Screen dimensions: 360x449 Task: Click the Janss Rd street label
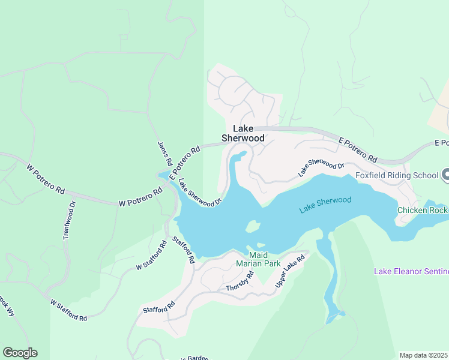[164, 154]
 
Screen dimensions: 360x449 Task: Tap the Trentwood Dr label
[68, 220]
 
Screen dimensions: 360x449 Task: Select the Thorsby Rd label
[240, 281]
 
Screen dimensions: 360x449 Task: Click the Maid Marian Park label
[258, 259]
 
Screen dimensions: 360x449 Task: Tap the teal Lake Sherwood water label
[325, 204]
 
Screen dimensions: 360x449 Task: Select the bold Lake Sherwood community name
[243, 133]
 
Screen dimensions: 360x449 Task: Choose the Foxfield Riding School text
[396, 176]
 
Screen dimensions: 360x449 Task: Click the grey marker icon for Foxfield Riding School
[445, 175]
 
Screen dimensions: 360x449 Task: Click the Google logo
[20, 353]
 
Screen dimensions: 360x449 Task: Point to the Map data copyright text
[424, 355]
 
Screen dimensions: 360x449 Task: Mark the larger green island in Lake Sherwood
[253, 227]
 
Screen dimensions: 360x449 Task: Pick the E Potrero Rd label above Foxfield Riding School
[358, 150]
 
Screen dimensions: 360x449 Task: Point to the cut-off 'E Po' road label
[441, 143]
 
